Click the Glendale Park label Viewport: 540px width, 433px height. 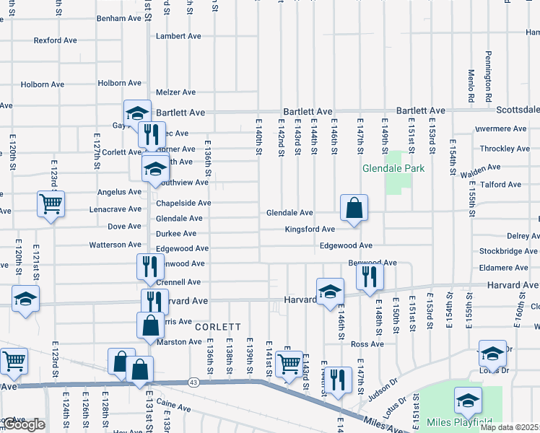(x=393, y=169)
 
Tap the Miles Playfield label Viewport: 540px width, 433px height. (x=460, y=422)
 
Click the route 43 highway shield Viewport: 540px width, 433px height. (x=193, y=381)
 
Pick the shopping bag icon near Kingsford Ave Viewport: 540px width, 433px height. (x=354, y=209)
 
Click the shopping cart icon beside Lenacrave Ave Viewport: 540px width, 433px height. (x=51, y=205)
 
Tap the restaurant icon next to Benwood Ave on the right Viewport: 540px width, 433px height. (x=370, y=276)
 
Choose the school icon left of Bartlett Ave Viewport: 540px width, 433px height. (x=137, y=113)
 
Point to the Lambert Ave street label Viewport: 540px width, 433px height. (x=178, y=36)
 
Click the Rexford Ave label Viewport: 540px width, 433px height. (x=55, y=40)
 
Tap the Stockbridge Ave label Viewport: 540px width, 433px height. (x=508, y=252)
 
